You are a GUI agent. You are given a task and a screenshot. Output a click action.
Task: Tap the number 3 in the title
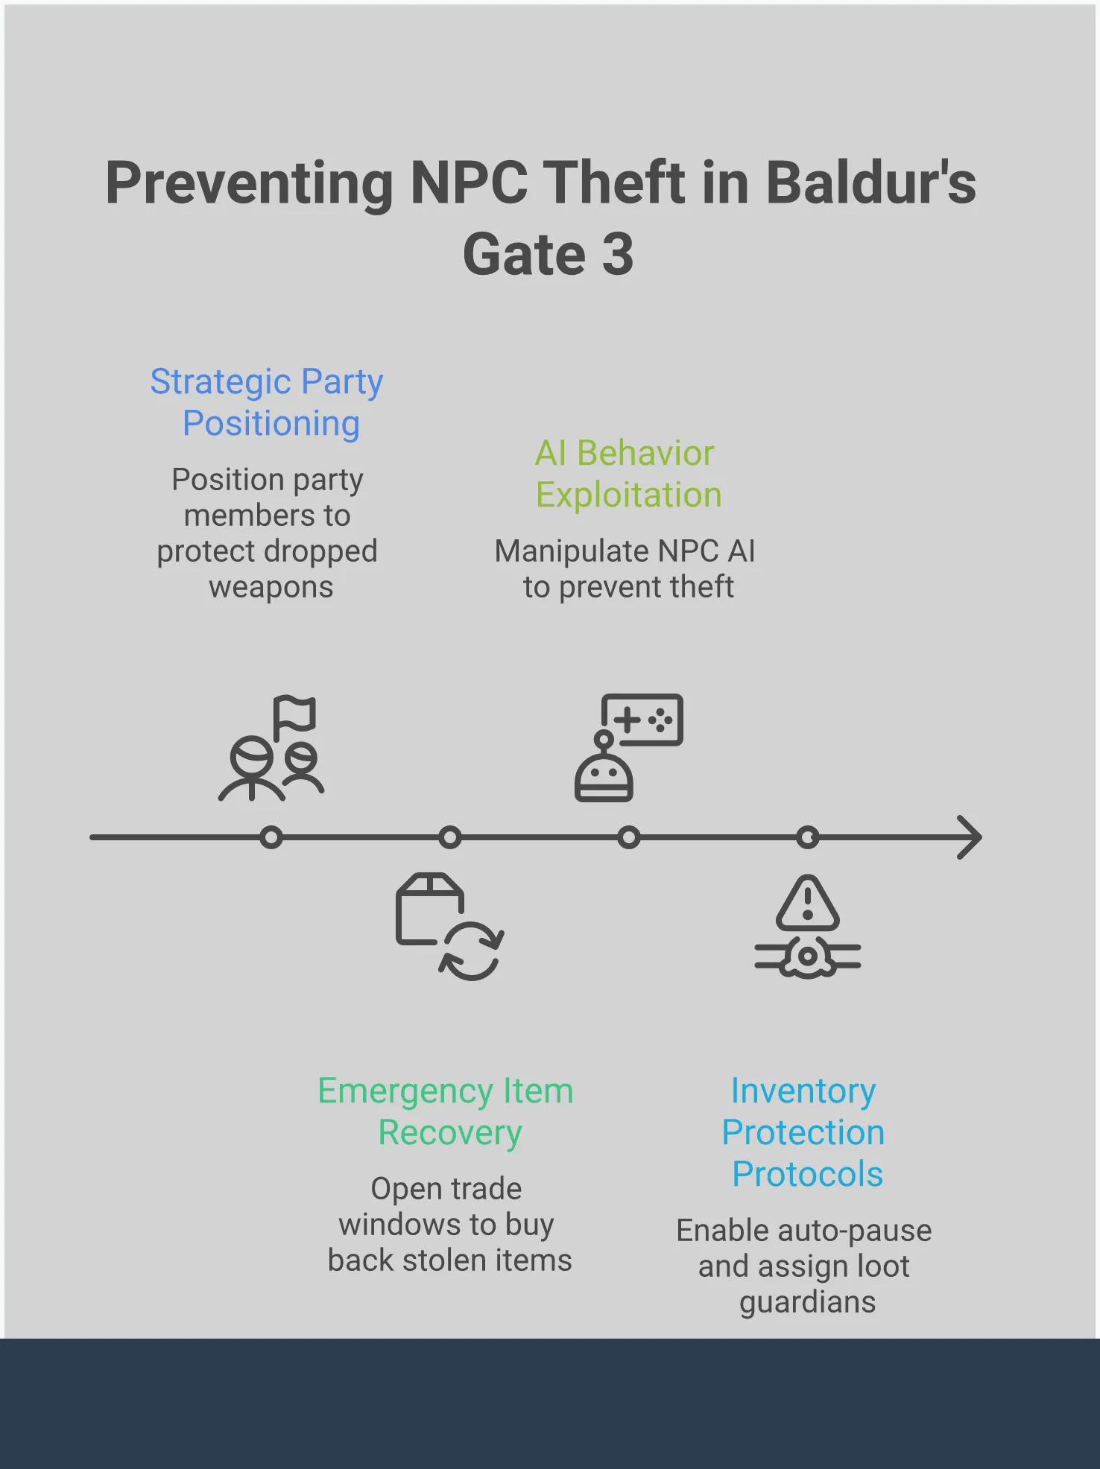(x=617, y=255)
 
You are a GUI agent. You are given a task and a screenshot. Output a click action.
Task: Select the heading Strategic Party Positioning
(x=268, y=402)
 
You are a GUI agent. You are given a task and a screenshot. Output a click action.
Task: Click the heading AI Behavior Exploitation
(x=628, y=474)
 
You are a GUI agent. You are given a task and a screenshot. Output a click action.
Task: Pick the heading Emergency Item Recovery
(x=446, y=1111)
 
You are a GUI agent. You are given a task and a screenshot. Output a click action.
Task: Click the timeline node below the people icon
(x=271, y=837)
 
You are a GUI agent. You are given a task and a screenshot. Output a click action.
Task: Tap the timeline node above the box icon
(x=450, y=837)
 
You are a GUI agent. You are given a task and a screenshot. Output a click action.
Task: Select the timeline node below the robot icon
(x=629, y=837)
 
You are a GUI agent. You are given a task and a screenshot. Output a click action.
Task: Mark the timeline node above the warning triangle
(x=808, y=837)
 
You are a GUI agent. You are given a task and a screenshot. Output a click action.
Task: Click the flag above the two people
(x=294, y=715)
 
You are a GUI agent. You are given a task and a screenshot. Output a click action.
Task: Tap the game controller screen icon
(x=642, y=720)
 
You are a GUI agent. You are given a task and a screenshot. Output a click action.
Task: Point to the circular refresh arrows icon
(x=472, y=951)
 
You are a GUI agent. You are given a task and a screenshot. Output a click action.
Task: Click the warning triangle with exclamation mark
(x=808, y=904)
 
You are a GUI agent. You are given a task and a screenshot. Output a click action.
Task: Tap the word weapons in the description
(x=271, y=587)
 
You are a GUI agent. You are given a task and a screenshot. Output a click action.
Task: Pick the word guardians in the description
(x=808, y=1302)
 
